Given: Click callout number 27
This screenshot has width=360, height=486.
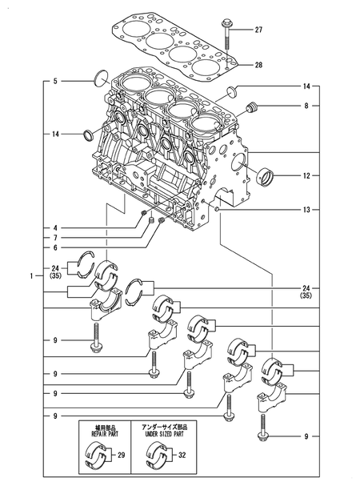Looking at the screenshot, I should tap(258, 30).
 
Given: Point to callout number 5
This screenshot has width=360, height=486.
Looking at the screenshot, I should tap(55, 81).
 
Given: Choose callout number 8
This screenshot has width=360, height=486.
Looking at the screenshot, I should tap(306, 105).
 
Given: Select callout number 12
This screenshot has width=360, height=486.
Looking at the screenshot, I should tap(306, 174).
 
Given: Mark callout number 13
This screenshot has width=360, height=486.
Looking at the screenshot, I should tap(306, 210).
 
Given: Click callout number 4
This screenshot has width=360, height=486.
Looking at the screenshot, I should tap(55, 228).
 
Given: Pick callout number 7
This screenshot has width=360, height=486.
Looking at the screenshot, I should tap(55, 238).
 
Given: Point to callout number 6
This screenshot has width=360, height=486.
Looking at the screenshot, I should tap(55, 248).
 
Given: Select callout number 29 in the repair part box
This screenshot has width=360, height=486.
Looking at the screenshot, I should tap(121, 455).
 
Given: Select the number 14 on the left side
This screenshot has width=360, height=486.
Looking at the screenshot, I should tap(55, 134).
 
